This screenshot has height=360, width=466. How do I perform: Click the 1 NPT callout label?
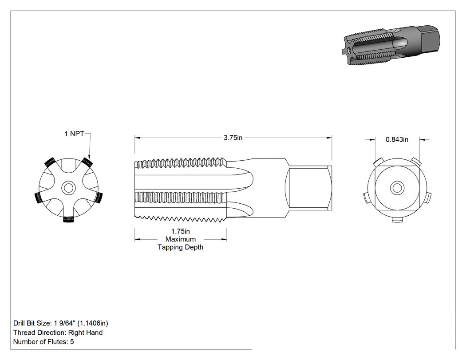(74, 134)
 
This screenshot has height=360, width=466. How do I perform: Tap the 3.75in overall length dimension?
(233, 138)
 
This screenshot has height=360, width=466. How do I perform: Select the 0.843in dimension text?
(397, 139)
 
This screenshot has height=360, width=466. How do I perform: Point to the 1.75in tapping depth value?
(180, 231)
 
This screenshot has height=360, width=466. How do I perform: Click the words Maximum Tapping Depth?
(180, 243)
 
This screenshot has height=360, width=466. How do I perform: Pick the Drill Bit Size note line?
(61, 323)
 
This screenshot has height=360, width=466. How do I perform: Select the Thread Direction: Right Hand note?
(58, 332)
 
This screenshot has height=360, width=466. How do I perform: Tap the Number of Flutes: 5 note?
(43, 341)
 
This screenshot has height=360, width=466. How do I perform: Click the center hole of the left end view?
(69, 188)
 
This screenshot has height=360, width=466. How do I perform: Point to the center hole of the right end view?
(397, 188)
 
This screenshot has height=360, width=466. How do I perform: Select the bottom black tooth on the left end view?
(68, 219)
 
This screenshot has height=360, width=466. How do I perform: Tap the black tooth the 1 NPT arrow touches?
(87, 162)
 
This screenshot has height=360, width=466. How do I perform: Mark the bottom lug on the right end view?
(397, 219)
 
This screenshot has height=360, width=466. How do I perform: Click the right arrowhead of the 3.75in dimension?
(329, 138)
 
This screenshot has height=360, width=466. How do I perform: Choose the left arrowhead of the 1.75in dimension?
(137, 239)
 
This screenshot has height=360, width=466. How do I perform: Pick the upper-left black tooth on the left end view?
(50, 162)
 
